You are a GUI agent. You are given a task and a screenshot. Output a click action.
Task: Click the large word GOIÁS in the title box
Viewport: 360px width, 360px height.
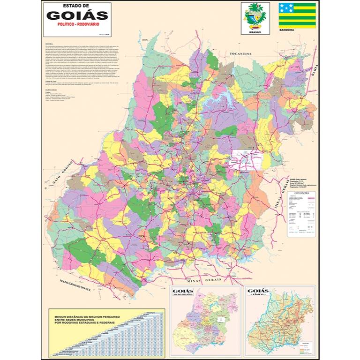[77, 15]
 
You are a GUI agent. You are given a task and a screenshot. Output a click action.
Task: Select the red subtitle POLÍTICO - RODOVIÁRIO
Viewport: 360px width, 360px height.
[77, 24]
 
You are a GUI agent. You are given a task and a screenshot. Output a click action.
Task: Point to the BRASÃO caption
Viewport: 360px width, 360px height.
[255, 32]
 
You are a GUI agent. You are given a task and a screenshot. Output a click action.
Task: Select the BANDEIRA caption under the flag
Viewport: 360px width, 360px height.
[286, 30]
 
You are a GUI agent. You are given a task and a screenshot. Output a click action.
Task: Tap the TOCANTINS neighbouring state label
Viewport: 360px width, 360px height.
[241, 54]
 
